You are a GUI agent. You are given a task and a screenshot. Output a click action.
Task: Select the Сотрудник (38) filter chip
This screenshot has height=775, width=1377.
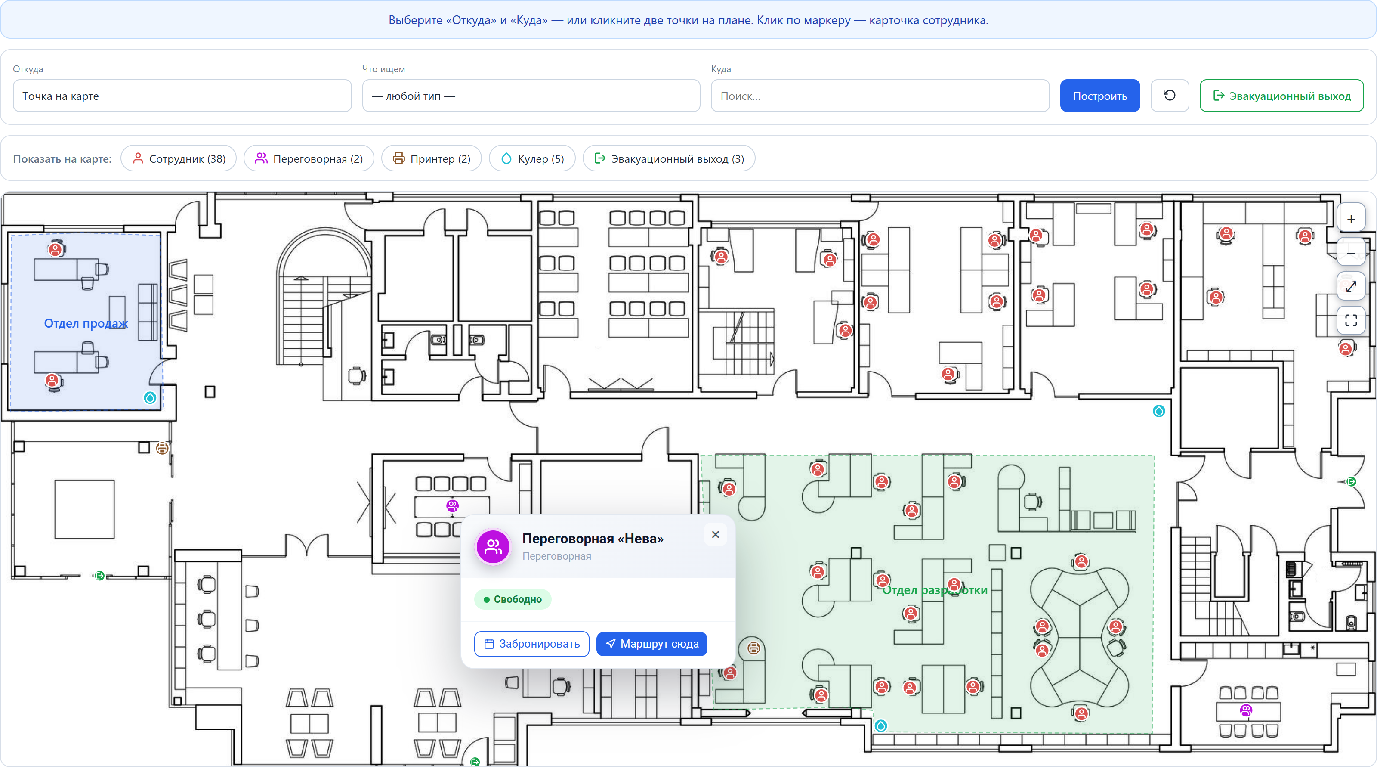pyautogui.click(x=179, y=158)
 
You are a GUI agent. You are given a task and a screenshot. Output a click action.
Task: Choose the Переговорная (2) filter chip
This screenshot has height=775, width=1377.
pyautogui.click(x=309, y=158)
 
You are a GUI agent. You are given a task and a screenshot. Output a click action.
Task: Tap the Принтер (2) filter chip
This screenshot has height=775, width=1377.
pyautogui.click(x=431, y=158)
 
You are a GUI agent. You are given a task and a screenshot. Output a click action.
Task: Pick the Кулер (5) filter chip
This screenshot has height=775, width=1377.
pyautogui.click(x=532, y=158)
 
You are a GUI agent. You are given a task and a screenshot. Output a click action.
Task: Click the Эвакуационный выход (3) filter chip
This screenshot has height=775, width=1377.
pyautogui.click(x=669, y=158)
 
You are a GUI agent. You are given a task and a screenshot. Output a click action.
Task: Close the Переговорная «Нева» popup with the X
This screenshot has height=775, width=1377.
pyautogui.click(x=715, y=534)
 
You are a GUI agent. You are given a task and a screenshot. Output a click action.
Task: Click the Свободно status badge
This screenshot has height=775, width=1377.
pyautogui.click(x=512, y=599)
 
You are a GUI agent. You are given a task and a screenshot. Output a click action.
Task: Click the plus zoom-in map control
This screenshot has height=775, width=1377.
pyautogui.click(x=1351, y=219)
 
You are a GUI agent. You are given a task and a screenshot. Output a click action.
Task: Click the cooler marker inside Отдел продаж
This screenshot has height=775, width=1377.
pyautogui.click(x=150, y=397)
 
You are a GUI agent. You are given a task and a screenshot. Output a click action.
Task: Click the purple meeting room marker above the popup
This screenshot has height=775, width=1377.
pyautogui.click(x=452, y=505)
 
